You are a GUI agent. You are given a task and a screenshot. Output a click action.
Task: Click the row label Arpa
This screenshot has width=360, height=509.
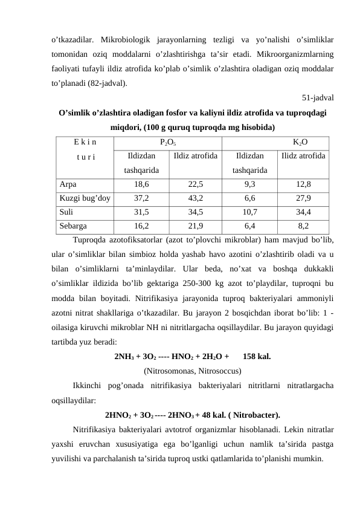(x=68, y=184)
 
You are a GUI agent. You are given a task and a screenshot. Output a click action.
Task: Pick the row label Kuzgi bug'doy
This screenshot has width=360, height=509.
(x=85, y=198)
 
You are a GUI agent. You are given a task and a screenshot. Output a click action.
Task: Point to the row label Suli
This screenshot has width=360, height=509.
(x=67, y=212)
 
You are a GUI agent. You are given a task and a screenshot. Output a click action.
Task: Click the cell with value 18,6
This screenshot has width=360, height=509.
(x=142, y=184)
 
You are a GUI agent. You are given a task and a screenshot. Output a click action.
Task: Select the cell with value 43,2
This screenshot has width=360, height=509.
(x=195, y=198)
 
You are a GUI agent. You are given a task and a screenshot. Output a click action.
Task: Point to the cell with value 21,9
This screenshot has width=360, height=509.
(x=195, y=226)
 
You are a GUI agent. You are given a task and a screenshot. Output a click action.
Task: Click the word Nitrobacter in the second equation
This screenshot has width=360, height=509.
(x=255, y=415)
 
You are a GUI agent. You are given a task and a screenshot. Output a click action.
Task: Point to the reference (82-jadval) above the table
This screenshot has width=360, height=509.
(x=108, y=84)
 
